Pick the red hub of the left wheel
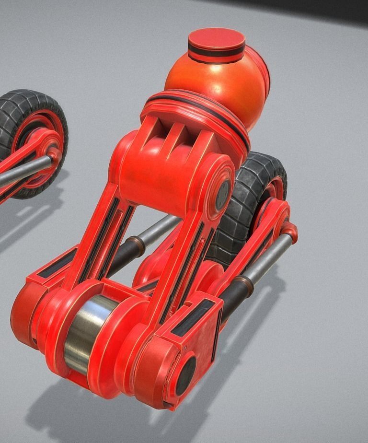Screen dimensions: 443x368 tap(41, 144)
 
